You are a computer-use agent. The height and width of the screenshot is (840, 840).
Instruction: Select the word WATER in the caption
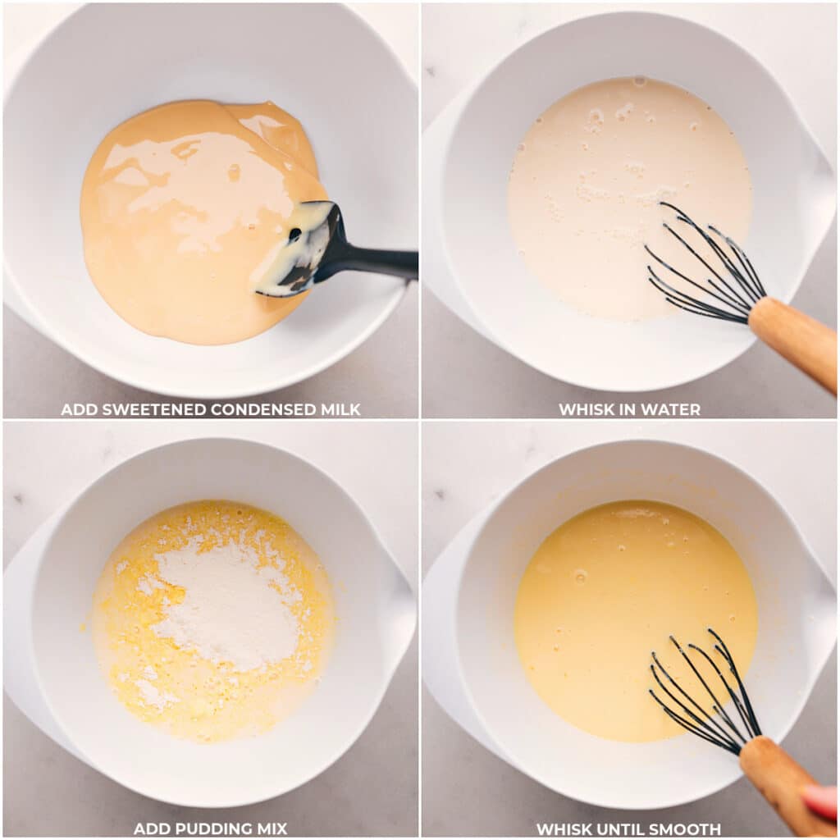point(673,409)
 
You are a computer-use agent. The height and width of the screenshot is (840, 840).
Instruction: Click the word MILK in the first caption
point(340,409)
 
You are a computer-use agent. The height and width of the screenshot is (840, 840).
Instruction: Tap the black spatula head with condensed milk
point(299,246)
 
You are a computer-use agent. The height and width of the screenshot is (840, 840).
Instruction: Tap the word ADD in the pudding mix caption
point(150,829)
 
